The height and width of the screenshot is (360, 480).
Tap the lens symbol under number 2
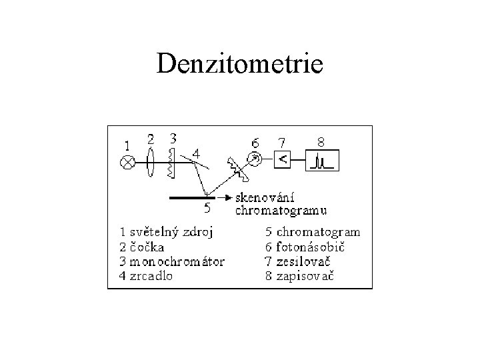click(x=152, y=161)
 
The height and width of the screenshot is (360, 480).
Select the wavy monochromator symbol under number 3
click(x=171, y=163)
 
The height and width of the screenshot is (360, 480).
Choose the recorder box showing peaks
click(x=323, y=161)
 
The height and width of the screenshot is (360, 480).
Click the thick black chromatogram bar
click(x=194, y=198)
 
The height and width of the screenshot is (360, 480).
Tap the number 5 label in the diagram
click(x=207, y=208)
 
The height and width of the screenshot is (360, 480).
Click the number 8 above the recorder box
click(x=321, y=141)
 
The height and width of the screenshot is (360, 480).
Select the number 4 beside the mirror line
click(x=195, y=153)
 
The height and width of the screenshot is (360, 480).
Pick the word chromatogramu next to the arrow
click(x=281, y=211)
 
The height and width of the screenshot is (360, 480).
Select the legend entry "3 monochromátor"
click(x=172, y=261)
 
